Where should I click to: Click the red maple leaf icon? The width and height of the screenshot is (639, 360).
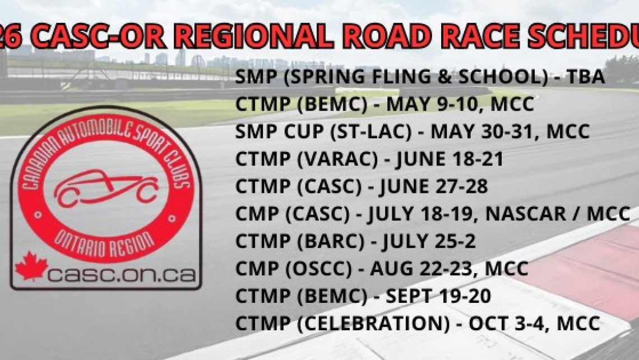31,265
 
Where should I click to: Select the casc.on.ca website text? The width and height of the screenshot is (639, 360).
122,274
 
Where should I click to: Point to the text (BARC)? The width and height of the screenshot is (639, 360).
335,241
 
